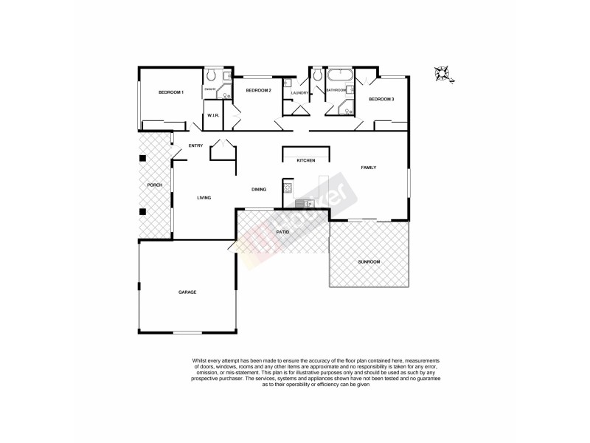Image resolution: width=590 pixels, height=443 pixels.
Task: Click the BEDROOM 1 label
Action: click(170, 92)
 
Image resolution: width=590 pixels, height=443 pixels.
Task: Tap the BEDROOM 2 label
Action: click(259, 90)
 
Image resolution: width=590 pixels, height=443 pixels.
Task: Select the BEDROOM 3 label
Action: click(381, 99)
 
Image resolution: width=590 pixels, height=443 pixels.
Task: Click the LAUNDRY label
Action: click(299, 93)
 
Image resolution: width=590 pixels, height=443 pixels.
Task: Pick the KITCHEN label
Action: click(306, 160)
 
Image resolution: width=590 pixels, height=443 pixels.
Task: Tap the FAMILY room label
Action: click(369, 168)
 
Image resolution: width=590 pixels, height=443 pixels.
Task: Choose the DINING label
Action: click(259, 190)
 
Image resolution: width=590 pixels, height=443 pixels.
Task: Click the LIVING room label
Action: click(204, 197)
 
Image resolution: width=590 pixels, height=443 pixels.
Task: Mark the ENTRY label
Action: click(195, 145)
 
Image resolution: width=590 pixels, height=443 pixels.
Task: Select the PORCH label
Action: click(154, 185)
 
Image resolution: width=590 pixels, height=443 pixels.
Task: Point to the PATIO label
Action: click(282, 232)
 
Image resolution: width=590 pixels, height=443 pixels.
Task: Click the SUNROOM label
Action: click(369, 262)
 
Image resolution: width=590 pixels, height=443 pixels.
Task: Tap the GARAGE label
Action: click(187, 292)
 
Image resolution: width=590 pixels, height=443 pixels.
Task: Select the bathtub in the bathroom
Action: click(341, 76)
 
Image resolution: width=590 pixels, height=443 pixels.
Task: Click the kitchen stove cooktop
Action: click(288, 188)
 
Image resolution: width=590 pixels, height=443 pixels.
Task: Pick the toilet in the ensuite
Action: click(211, 75)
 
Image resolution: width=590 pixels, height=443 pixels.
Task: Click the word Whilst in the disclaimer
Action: click(204, 361)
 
